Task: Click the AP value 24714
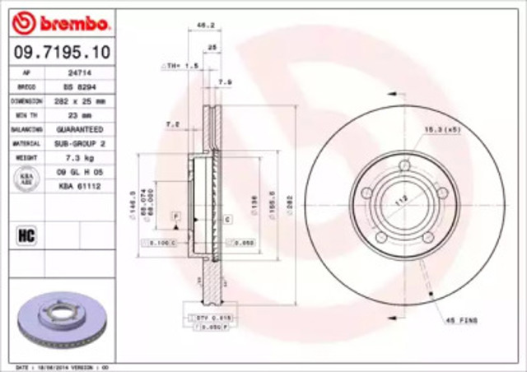tap(78, 72)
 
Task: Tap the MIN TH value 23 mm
tap(78, 115)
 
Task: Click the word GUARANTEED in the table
tap(79, 130)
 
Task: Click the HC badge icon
tap(25, 237)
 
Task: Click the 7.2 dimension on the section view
tap(173, 123)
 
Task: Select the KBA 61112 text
tap(78, 186)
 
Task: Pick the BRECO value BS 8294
tap(78, 86)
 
